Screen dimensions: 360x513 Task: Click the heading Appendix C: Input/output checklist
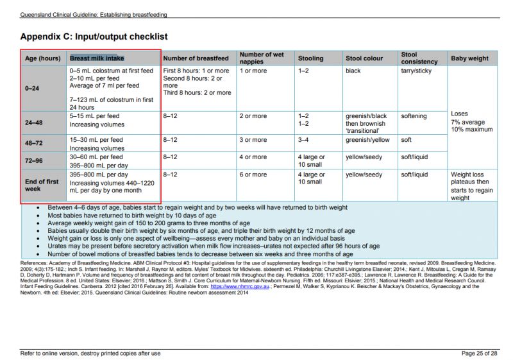tap(94, 37)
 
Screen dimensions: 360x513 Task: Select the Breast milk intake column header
tap(97, 58)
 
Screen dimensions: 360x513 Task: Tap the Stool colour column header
tap(364, 58)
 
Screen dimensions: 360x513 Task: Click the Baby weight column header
tap(469, 58)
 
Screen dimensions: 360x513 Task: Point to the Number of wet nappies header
tap(262, 58)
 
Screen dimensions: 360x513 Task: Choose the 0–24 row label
tap(32, 89)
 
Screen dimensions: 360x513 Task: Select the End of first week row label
tap(42, 185)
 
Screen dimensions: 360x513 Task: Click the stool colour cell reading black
tap(353, 71)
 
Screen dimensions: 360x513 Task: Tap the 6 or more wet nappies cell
tap(253, 175)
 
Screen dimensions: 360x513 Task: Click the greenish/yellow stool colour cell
tap(367, 139)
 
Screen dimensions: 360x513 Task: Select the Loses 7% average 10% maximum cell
tap(471, 122)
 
